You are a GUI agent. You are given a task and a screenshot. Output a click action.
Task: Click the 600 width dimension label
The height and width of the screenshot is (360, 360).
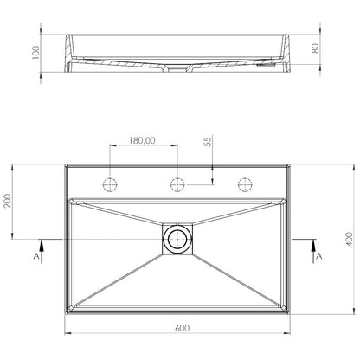point(182,328)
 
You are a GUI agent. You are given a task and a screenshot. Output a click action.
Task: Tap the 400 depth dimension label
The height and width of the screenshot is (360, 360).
point(349,239)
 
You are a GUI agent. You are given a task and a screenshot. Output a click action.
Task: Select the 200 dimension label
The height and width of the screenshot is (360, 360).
point(8,201)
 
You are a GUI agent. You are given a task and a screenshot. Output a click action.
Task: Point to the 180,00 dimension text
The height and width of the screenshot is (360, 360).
point(142,140)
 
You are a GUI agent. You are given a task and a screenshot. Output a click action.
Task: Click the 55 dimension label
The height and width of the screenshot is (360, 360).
point(208,142)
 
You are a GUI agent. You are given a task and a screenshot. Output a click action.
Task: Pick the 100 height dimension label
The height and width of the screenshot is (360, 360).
point(35,53)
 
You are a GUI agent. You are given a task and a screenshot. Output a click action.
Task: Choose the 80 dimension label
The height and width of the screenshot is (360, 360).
point(315,48)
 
